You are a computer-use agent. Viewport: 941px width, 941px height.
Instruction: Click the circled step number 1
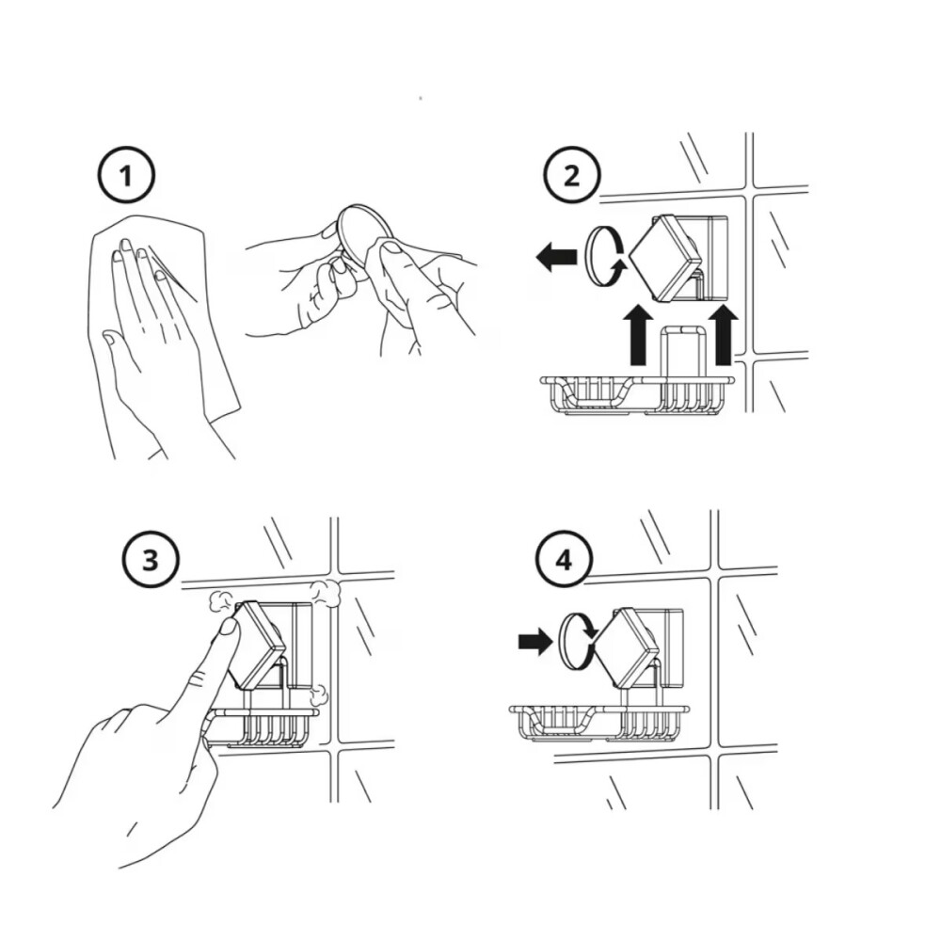126,176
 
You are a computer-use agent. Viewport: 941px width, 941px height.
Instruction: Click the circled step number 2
571,175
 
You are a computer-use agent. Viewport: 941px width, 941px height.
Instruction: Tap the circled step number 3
151,560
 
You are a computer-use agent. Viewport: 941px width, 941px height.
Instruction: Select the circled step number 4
564,561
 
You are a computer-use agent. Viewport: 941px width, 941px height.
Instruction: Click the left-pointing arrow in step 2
556,258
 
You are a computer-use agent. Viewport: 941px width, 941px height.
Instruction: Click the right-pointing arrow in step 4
535,642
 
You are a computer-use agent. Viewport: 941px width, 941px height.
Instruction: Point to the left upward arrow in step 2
640,335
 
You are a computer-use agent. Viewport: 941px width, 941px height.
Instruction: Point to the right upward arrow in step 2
723,335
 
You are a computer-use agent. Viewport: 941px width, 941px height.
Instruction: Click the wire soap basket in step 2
637,395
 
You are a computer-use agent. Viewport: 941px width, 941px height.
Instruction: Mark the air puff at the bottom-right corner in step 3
319,695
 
